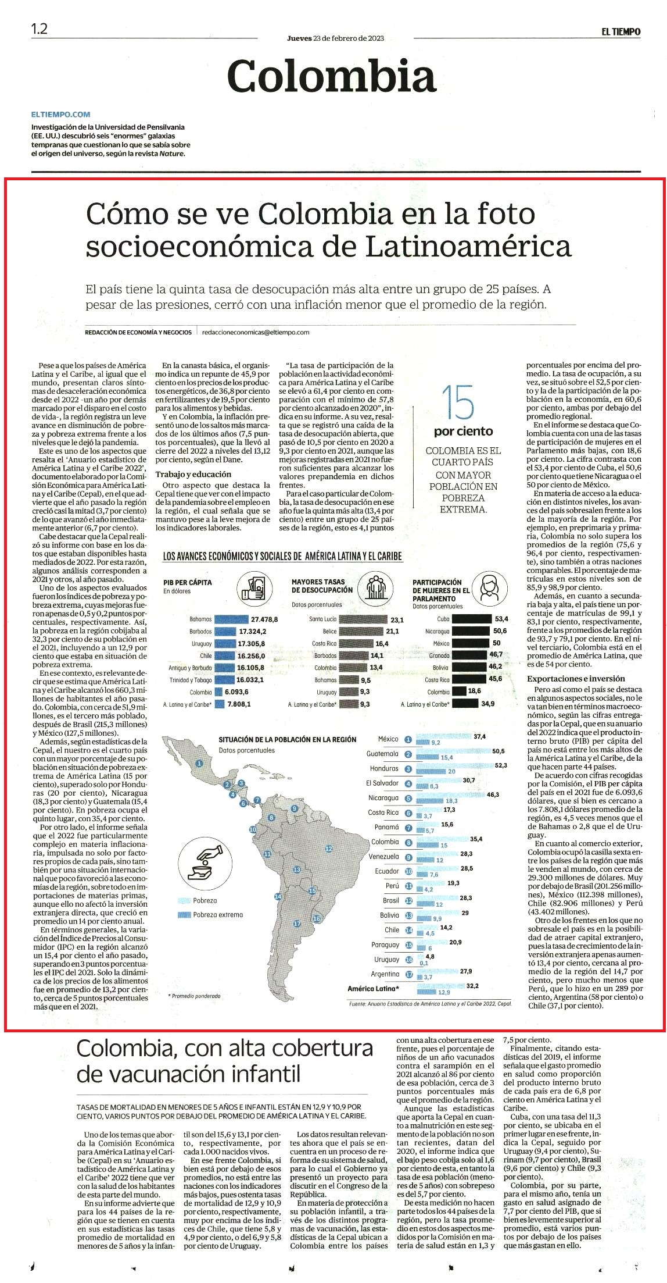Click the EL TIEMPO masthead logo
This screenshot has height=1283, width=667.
[x=621, y=32]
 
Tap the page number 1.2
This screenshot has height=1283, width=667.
[x=40, y=29]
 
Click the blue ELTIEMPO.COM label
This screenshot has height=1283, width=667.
[x=61, y=115]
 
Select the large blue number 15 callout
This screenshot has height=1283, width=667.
[x=458, y=402]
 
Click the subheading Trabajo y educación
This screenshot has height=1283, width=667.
[x=189, y=474]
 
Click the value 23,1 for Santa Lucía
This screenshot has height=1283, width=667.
[x=397, y=620]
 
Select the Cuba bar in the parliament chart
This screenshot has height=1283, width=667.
[x=471, y=619]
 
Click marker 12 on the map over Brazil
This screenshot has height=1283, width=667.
[x=328, y=849]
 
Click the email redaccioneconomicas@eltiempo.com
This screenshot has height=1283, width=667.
[x=256, y=333]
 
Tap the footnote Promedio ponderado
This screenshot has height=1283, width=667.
[x=194, y=996]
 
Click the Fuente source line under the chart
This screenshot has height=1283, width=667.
[x=430, y=1003]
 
